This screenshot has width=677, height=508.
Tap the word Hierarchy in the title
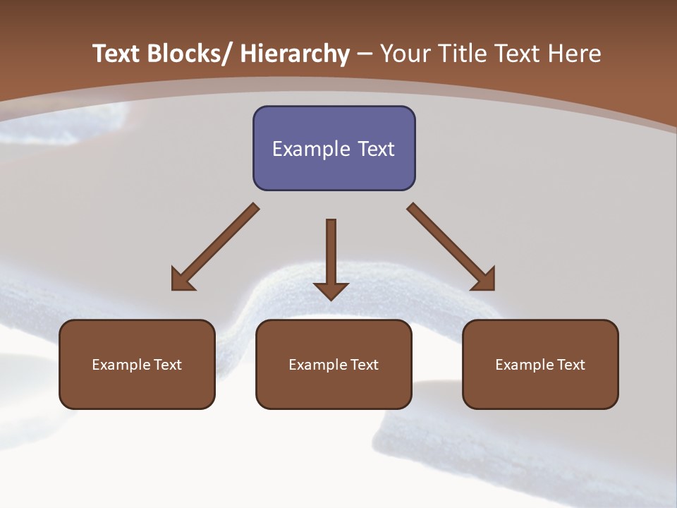(x=295, y=54)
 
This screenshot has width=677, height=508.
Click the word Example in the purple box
(x=307, y=149)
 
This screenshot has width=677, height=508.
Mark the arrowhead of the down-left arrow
(x=181, y=281)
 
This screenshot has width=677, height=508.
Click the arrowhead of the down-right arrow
(x=485, y=281)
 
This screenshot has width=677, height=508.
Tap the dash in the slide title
(x=365, y=54)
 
